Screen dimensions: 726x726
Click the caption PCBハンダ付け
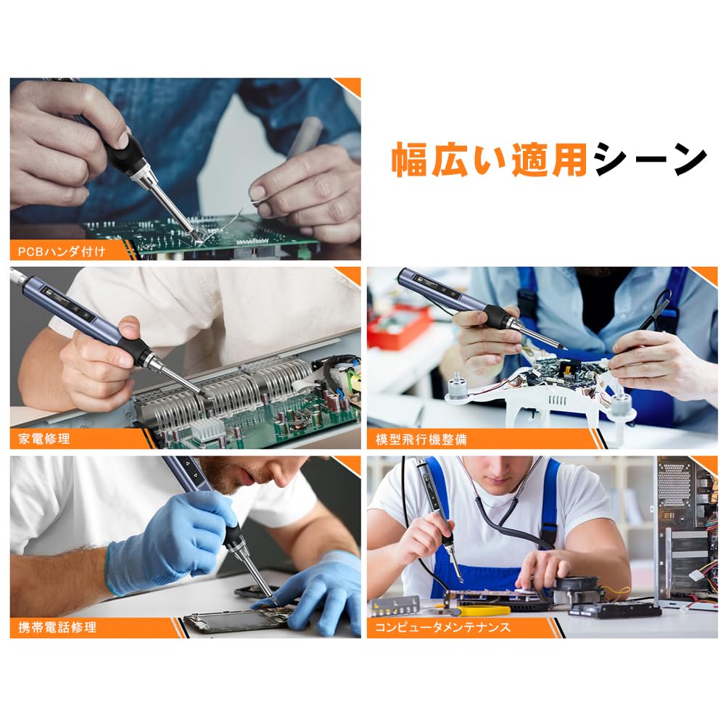click(x=62, y=252)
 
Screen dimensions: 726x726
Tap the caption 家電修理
click(x=41, y=439)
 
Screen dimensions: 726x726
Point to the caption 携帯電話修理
click(x=57, y=627)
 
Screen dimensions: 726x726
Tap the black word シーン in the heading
click(x=648, y=160)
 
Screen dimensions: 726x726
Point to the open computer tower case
click(x=685, y=529)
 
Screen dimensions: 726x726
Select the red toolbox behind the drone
click(x=398, y=326)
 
